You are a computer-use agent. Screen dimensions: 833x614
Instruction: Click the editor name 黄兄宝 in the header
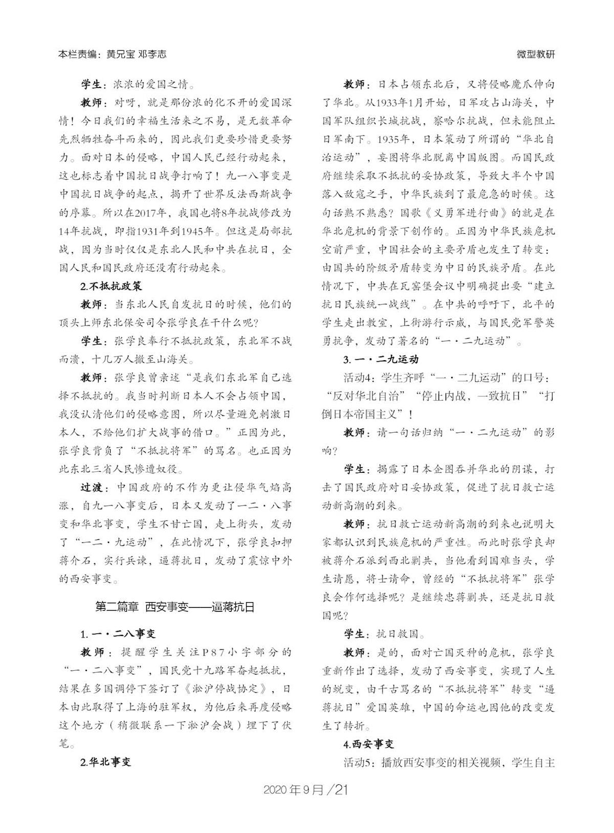click(x=121, y=54)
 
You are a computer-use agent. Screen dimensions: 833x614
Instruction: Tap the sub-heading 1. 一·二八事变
click(x=118, y=634)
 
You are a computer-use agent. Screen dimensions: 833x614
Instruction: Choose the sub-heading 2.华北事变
click(x=106, y=762)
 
